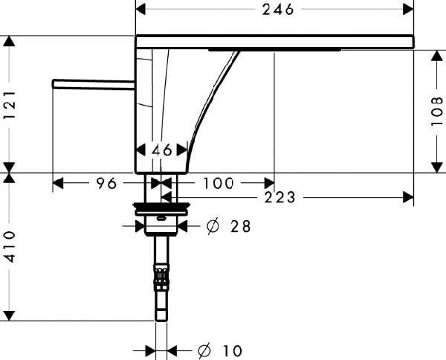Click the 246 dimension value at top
pos(277,10)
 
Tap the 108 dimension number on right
pos(437,111)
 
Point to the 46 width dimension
pos(161,150)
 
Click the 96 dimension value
pos(106,183)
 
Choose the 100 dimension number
pos(218,183)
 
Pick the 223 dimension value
pos(280,197)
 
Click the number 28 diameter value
pos(241,227)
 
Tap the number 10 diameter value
pos(233,351)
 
